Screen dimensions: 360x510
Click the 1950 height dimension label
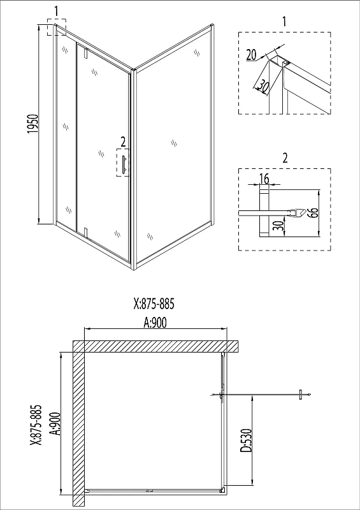pos(34,124)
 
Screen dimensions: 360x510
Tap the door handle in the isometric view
pos(123,164)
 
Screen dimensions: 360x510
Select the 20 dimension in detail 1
pos(252,55)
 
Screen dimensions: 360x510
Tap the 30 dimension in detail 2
pos(278,226)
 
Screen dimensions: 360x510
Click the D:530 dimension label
pos(247,441)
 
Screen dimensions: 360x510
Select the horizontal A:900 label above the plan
pos(154,323)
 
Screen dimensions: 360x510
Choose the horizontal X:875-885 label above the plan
pos(154,304)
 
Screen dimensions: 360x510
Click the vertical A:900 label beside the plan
pos(55,423)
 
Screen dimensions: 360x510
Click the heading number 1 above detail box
pos(285,22)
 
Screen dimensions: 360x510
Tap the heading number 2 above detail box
pos(285,158)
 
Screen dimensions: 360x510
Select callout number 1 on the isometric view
pos(56,11)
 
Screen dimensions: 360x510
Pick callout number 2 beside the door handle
pos(122,142)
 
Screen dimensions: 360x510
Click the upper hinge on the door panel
pos(86,54)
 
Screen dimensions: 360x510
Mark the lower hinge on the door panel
pos(86,231)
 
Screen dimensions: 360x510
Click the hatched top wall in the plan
pos(155,346)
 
